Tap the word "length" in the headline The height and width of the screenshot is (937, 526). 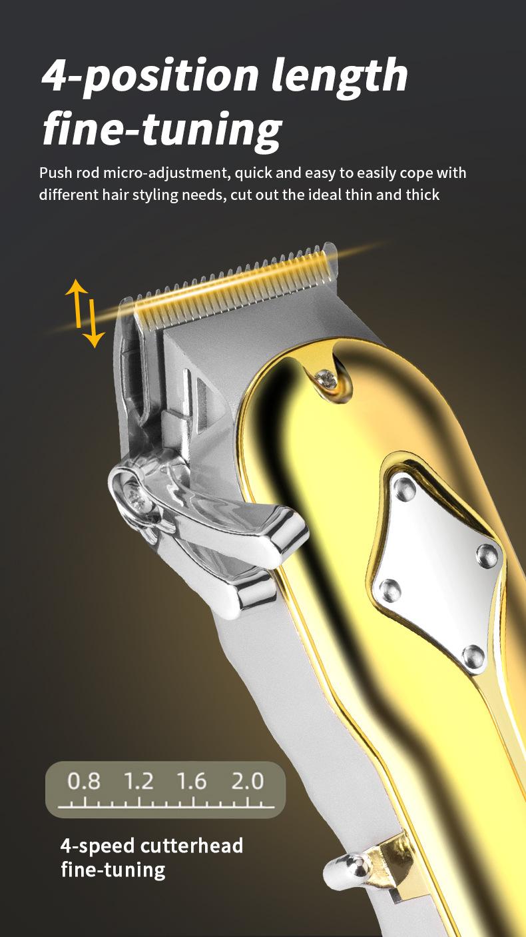pos(340,77)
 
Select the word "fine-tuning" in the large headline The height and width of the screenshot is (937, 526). pos(162,130)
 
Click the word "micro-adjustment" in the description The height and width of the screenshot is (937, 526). pos(166,173)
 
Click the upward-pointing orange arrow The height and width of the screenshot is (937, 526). pos(77,303)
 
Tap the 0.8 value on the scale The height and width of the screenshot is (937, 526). pos(83,781)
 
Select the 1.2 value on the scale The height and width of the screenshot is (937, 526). pos(138,781)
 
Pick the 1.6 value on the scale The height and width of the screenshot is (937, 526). pos(191,781)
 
